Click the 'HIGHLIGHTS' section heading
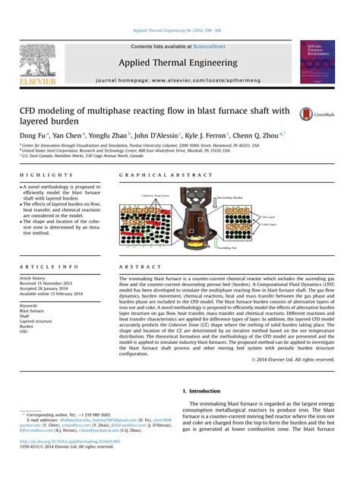[x=39, y=176]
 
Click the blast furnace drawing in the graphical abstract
[x=197, y=203]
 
